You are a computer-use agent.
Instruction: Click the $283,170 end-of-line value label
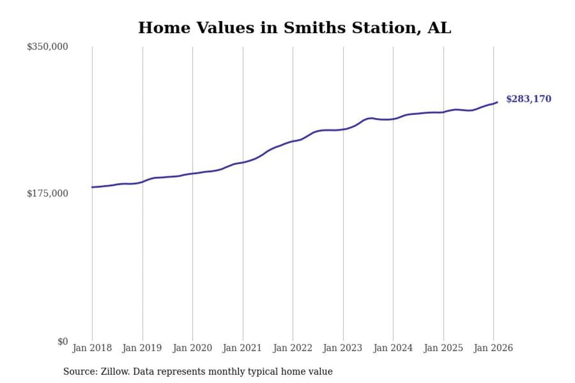tap(528, 99)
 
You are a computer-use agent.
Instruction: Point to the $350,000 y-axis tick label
tap(47, 47)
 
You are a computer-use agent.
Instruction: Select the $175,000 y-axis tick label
tap(47, 194)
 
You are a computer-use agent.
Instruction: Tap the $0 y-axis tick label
tap(62, 341)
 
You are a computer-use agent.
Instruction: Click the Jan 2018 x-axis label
tap(92, 348)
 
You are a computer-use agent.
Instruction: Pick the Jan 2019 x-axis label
tap(142, 348)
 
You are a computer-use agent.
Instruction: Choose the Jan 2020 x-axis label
tap(193, 348)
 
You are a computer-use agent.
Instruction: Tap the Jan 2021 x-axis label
tap(243, 348)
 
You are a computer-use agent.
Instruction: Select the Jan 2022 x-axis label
tap(293, 348)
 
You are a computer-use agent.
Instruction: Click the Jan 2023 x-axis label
tap(343, 348)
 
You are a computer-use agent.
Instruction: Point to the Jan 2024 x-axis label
tap(393, 348)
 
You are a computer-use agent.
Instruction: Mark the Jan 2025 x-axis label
tap(443, 348)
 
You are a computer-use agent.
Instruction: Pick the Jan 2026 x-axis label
tap(493, 348)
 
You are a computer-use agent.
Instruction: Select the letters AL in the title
tap(439, 28)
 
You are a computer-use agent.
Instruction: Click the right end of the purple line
tap(497, 102)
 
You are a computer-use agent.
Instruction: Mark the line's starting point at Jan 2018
tap(92, 187)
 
